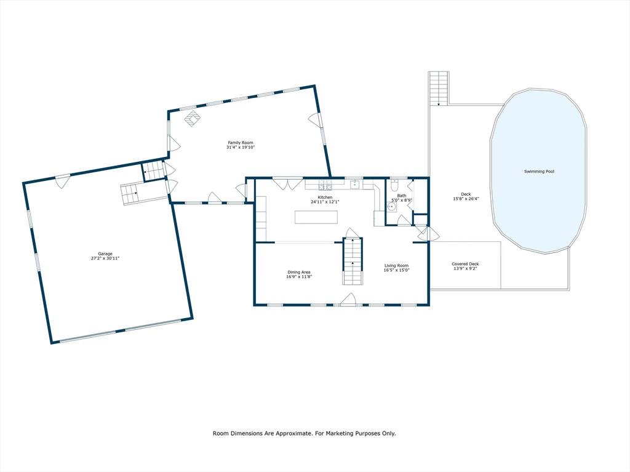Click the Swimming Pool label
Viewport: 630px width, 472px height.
(539, 172)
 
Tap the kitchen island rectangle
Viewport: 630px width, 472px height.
(316, 217)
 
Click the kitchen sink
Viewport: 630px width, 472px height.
(355, 184)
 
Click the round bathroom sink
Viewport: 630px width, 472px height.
(391, 207)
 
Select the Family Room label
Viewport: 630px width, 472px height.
(241, 143)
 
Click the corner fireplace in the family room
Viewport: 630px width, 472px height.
(193, 118)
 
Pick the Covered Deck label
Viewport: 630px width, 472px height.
(465, 264)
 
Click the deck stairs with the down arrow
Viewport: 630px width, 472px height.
(439, 88)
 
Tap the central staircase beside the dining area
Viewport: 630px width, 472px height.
(353, 261)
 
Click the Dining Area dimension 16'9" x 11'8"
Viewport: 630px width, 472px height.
(300, 277)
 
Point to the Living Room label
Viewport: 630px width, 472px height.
(396, 266)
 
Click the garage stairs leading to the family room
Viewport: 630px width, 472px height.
(131, 194)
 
